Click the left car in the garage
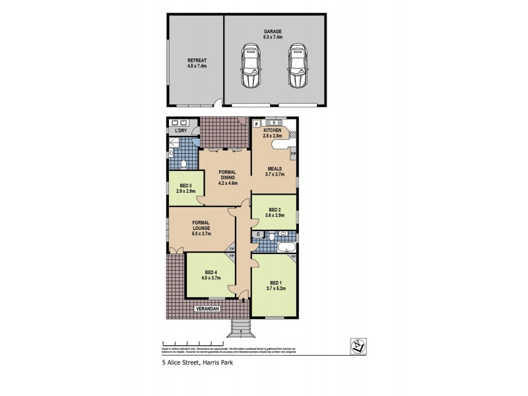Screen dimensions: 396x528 click(250, 66)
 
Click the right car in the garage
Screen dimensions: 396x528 click(297, 66)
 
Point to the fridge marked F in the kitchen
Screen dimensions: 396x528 click(256, 123)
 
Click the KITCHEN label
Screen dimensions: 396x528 click(273, 131)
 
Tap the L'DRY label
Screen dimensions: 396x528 click(180, 131)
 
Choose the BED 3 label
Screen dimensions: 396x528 click(185, 185)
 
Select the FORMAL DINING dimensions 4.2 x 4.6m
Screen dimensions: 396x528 click(227, 183)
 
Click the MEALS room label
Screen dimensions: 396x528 click(274, 168)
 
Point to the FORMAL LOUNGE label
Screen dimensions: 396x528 click(201, 225)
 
